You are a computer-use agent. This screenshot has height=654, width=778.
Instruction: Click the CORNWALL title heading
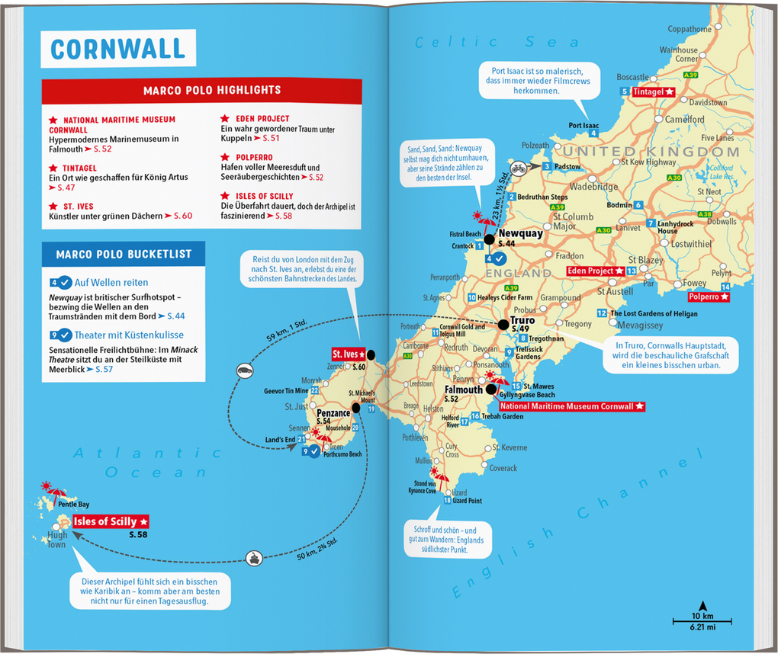(x=118, y=49)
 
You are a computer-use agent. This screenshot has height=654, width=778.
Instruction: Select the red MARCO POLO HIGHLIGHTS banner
(x=201, y=90)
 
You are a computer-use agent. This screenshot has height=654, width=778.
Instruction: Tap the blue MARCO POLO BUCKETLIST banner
(x=123, y=254)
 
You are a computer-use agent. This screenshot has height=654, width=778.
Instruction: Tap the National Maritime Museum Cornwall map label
(x=571, y=407)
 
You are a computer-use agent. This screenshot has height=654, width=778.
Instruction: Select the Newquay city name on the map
(x=520, y=234)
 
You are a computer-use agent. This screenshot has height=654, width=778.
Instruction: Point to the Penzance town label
(x=333, y=412)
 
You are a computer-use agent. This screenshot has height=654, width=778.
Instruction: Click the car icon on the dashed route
(x=245, y=370)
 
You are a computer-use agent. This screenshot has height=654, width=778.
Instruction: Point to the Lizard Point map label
(x=467, y=501)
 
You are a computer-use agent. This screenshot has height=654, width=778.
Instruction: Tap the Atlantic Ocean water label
(x=144, y=462)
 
